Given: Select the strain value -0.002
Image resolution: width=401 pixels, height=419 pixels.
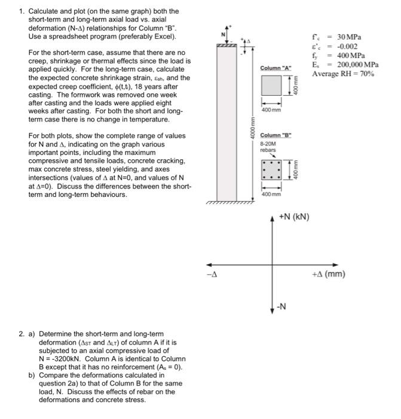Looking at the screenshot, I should [x=347, y=46].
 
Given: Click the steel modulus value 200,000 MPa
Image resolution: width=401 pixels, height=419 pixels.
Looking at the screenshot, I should [x=357, y=64].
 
